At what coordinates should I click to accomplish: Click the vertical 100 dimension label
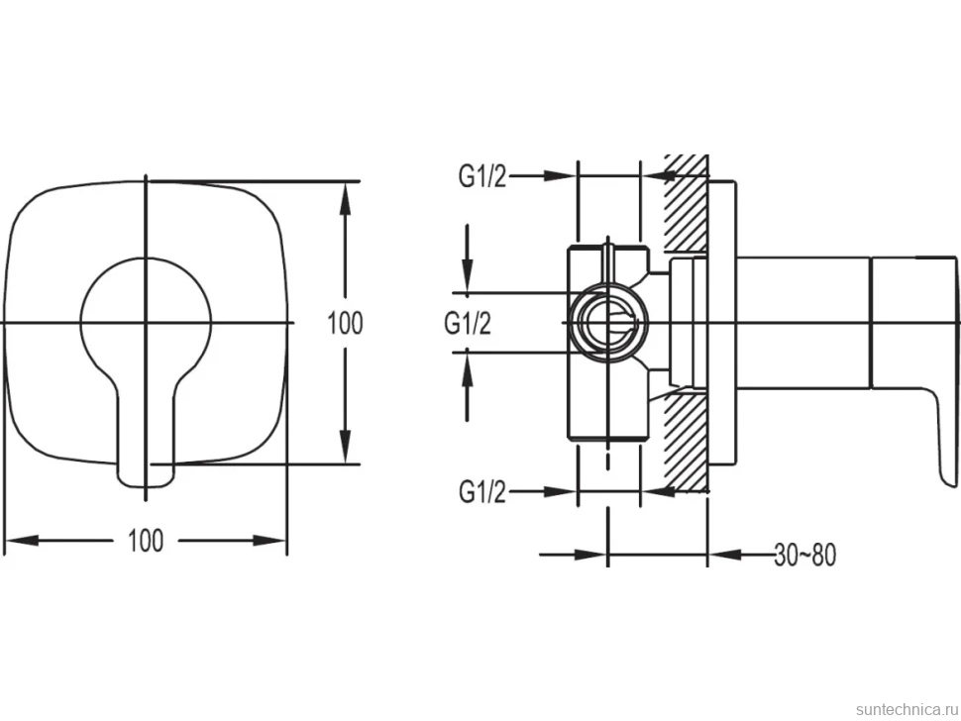(x=345, y=323)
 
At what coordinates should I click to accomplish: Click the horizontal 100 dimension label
(x=146, y=541)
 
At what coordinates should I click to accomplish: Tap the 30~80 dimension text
(x=804, y=555)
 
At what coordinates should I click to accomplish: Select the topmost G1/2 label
(x=482, y=176)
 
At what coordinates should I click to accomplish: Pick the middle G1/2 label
(x=468, y=323)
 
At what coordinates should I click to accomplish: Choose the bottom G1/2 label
(x=482, y=491)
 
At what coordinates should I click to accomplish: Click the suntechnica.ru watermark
(x=907, y=709)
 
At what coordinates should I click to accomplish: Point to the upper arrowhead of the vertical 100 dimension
(x=345, y=198)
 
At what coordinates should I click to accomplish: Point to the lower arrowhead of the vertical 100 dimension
(x=345, y=448)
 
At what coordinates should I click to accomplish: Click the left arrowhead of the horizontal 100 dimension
(x=21, y=541)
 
